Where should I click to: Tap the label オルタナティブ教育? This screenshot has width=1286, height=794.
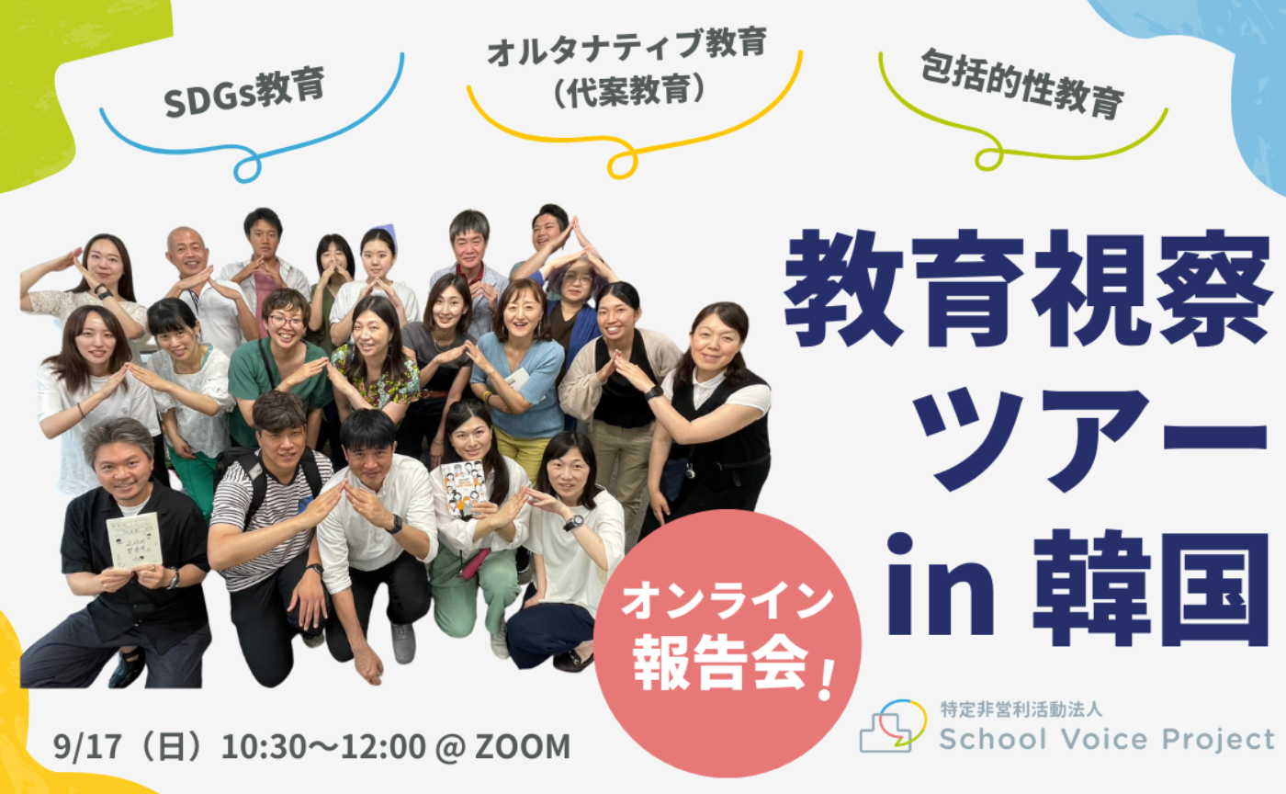pos(627,45)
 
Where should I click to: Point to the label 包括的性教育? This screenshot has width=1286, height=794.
pos(1021,87)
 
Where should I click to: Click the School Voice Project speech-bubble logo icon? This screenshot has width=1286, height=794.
pos(892,726)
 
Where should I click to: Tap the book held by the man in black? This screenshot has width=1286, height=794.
pos(134,541)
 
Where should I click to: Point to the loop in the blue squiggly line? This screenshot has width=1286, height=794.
pos(246,169)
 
